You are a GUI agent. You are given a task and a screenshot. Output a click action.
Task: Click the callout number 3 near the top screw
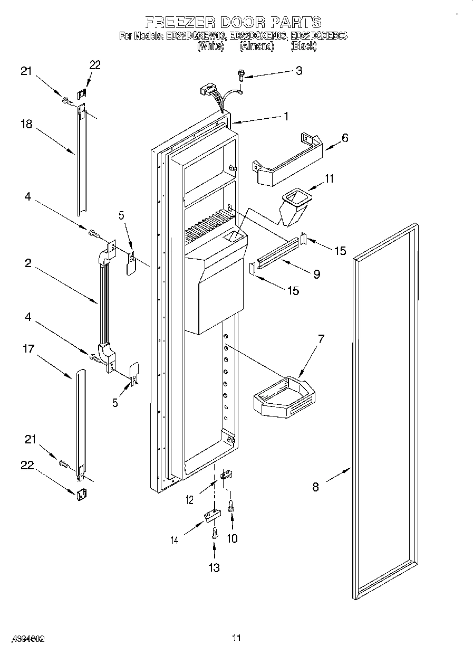tap(298, 71)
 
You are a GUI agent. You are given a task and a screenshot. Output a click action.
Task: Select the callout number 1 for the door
tap(286, 117)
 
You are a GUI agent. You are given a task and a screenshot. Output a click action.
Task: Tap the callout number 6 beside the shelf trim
tap(345, 138)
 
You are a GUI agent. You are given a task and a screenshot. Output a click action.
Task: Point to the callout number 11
tap(329, 179)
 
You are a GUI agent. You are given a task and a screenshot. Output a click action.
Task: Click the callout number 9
tap(316, 274)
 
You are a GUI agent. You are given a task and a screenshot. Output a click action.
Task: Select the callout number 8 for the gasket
tap(315, 487)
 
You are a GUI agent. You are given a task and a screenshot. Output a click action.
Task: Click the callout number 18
tap(26, 125)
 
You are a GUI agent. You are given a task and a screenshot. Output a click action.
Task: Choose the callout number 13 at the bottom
tap(214, 567)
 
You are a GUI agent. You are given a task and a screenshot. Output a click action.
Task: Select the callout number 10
tap(231, 538)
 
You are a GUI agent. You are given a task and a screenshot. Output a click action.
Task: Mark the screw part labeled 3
tap(241, 75)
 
